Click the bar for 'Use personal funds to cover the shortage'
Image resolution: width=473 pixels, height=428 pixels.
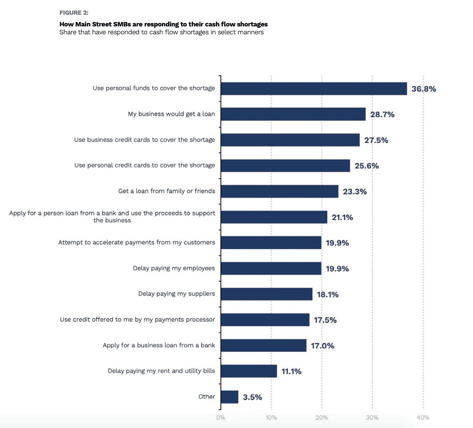pyautogui.click(x=314, y=88)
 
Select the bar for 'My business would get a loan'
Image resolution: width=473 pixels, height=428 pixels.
pyautogui.click(x=293, y=114)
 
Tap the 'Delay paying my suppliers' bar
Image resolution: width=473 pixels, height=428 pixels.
pyautogui.click(x=266, y=294)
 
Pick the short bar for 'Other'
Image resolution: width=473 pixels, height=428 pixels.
pyautogui.click(x=229, y=397)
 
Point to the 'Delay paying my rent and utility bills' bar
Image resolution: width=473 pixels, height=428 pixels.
pyautogui.click(x=249, y=371)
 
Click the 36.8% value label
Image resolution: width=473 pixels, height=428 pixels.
pyautogui.click(x=424, y=89)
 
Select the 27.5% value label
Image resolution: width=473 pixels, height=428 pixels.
pyautogui.click(x=376, y=140)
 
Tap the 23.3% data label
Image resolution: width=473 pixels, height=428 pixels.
pyautogui.click(x=355, y=191)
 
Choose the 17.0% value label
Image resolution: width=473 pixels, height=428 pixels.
pyautogui.click(x=322, y=346)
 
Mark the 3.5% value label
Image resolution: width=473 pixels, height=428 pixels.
pyautogui.click(x=252, y=397)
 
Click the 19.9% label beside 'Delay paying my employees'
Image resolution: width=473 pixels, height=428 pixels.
pyautogui.click(x=337, y=269)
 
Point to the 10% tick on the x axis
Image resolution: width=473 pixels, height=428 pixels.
pyautogui.click(x=271, y=417)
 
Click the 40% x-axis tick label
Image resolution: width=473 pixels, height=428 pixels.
pyautogui.click(x=423, y=417)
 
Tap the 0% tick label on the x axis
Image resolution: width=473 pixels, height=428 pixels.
pyautogui.click(x=221, y=417)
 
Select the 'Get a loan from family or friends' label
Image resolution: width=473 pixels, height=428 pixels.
pyautogui.click(x=167, y=191)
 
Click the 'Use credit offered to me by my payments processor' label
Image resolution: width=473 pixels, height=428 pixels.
pyautogui.click(x=137, y=319)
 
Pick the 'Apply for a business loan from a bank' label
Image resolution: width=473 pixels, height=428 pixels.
pyautogui.click(x=159, y=345)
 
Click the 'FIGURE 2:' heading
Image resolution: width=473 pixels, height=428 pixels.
pyautogui.click(x=74, y=13)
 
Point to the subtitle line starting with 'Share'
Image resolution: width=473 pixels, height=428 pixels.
pyautogui.click(x=161, y=32)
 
